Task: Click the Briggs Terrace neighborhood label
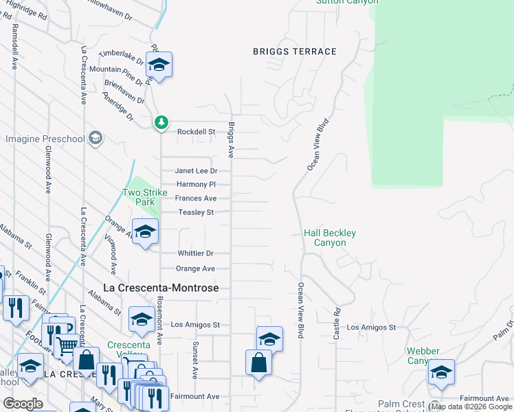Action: pyautogui.click(x=294, y=51)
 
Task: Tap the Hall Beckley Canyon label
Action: pyautogui.click(x=330, y=238)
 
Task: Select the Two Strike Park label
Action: pyautogui.click(x=144, y=198)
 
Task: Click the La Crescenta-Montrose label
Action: pyautogui.click(x=160, y=288)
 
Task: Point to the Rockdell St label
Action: pyautogui.click(x=197, y=131)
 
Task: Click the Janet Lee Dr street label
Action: pyautogui.click(x=196, y=171)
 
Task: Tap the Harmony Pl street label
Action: pyautogui.click(x=196, y=184)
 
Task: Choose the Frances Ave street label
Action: pyautogui.click(x=196, y=198)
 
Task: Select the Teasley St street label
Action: pyautogui.click(x=197, y=212)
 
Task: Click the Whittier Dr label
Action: pyautogui.click(x=196, y=253)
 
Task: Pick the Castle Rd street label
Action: pyautogui.click(x=337, y=325)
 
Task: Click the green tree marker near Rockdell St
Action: pyautogui.click(x=161, y=122)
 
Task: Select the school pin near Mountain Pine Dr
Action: pyautogui.click(x=159, y=66)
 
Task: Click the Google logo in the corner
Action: pyautogui.click(x=23, y=404)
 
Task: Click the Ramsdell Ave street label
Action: pyautogui.click(x=14, y=47)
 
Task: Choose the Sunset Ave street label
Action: pyautogui.click(x=195, y=360)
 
